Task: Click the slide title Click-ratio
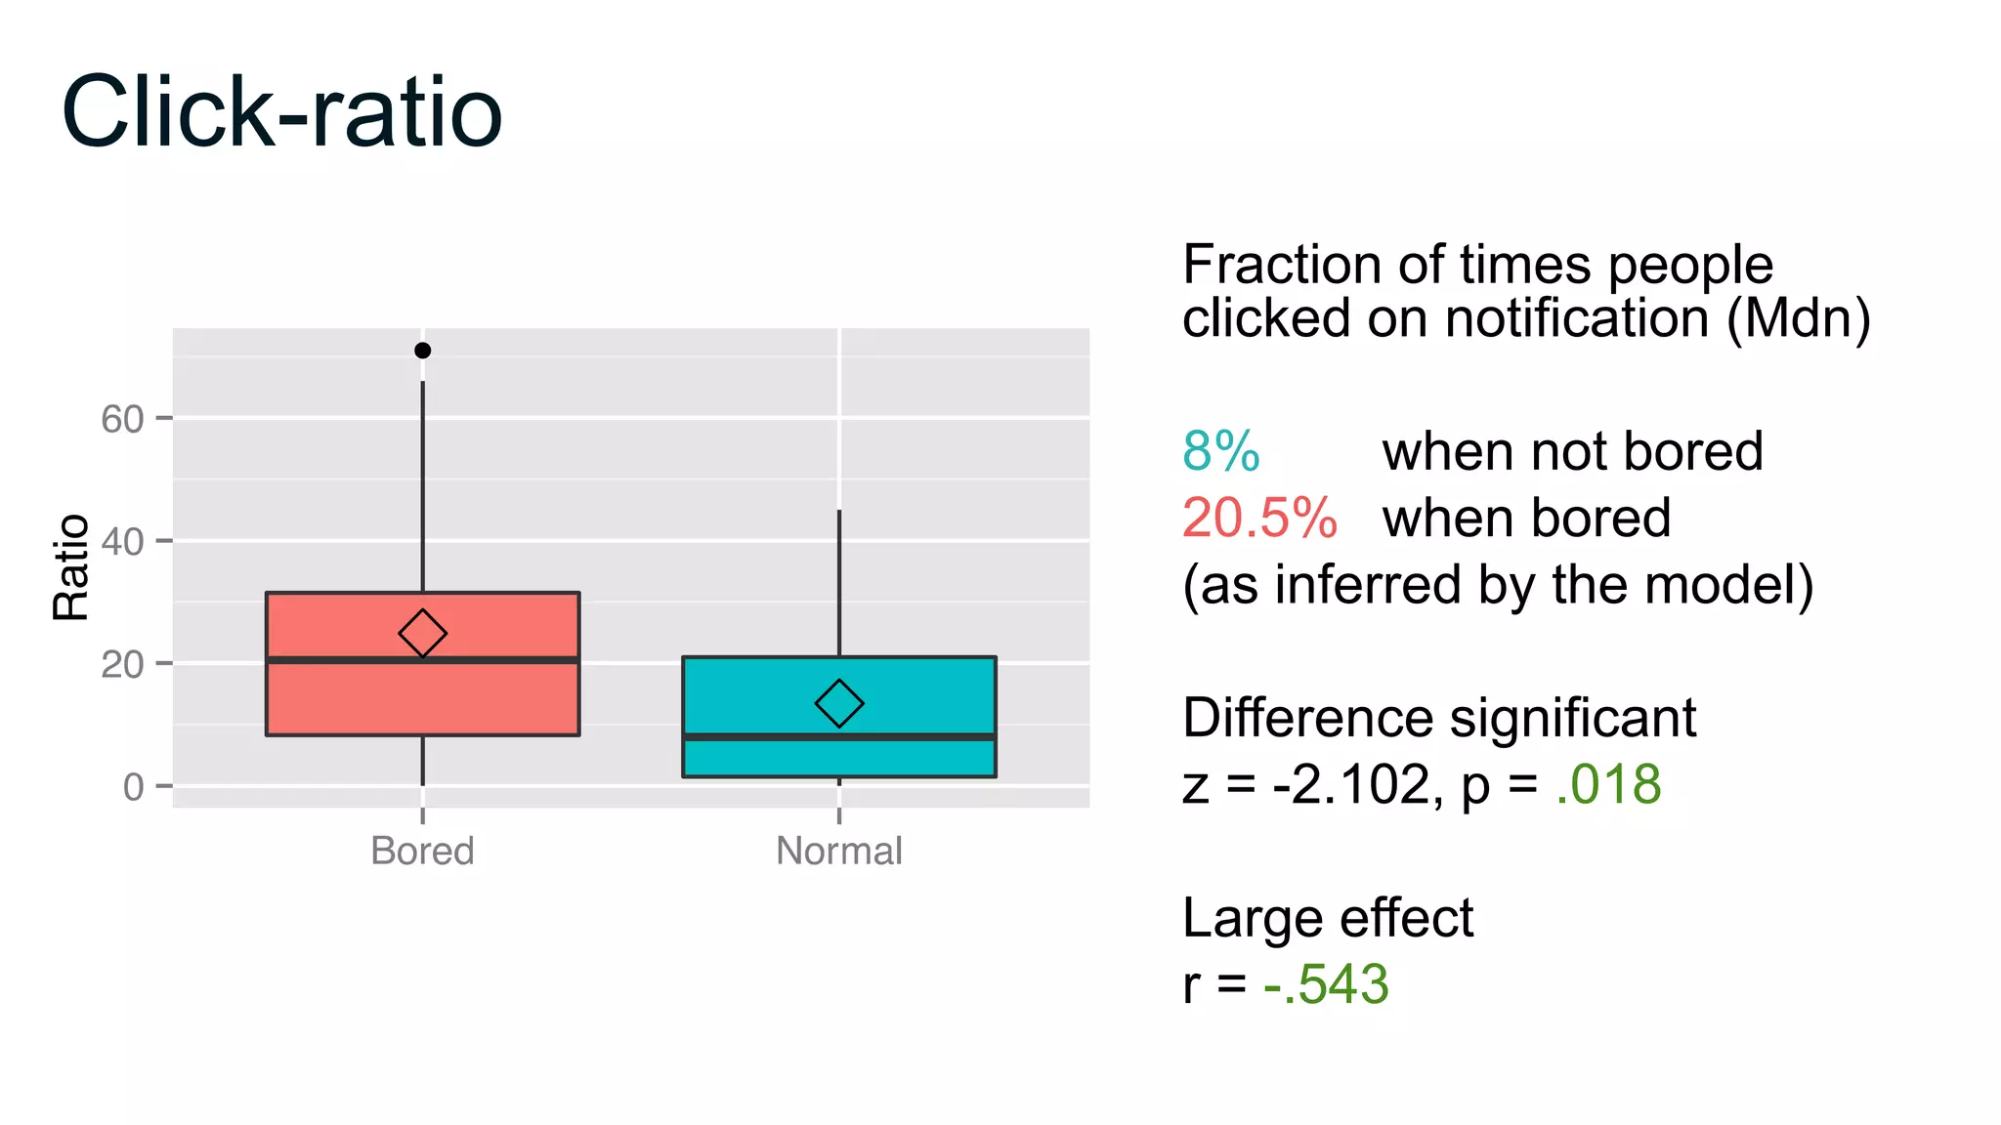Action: [x=281, y=112]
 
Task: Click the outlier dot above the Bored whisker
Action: [x=422, y=351]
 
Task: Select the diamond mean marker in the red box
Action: [x=422, y=634]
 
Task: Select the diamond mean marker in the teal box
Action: [x=838, y=703]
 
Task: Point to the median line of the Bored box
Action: [x=422, y=660]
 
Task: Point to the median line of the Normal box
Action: [x=838, y=736]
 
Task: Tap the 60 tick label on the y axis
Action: [x=122, y=419]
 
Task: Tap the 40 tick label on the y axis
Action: [x=122, y=541]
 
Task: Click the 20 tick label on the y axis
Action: [x=122, y=664]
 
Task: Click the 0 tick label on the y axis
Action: [x=133, y=787]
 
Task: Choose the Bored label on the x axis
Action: [x=422, y=851]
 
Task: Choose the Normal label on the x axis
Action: [x=838, y=851]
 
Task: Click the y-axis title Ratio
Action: [x=70, y=567]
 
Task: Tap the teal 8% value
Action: [x=1220, y=451]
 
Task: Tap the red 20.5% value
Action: [x=1258, y=518]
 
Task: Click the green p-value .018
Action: [x=1608, y=784]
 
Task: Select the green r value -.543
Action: [x=1325, y=983]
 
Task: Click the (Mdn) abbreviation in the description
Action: [x=1798, y=318]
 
